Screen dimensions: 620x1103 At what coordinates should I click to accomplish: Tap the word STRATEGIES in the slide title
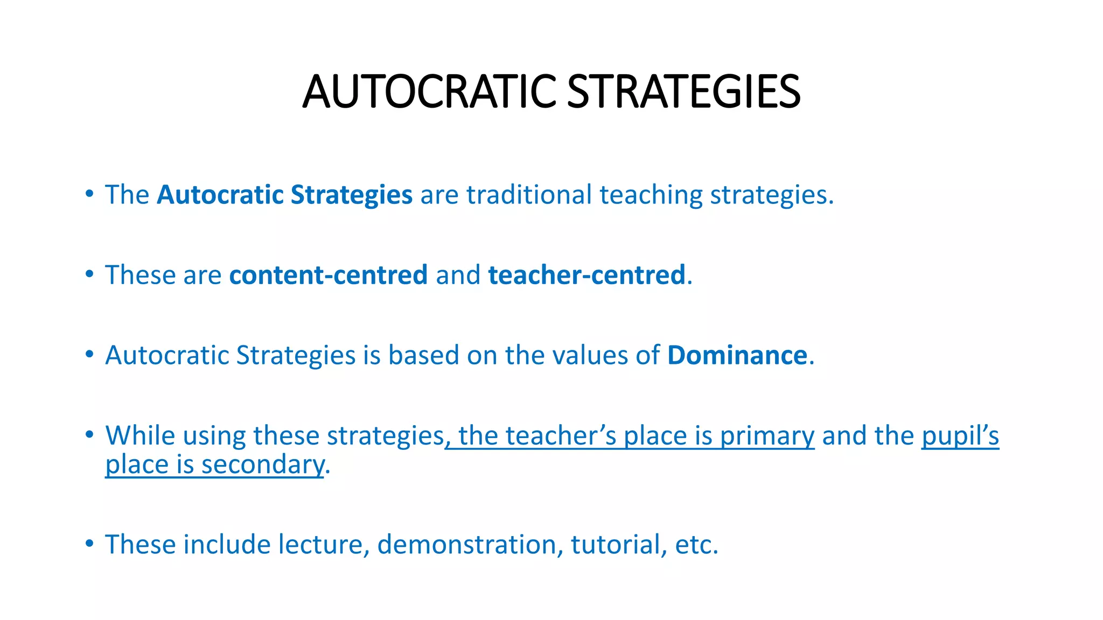point(683,91)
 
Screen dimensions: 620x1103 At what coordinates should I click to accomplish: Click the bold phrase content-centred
point(329,275)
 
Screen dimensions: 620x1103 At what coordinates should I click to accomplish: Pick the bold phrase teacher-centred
point(587,275)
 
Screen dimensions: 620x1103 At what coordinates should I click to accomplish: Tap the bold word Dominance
point(737,355)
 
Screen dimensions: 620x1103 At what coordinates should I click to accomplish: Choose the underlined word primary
point(767,436)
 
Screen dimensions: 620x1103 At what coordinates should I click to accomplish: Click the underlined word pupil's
point(960,436)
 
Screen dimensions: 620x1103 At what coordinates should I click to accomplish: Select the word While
point(141,435)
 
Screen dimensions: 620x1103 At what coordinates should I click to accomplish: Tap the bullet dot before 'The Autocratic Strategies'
point(89,193)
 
